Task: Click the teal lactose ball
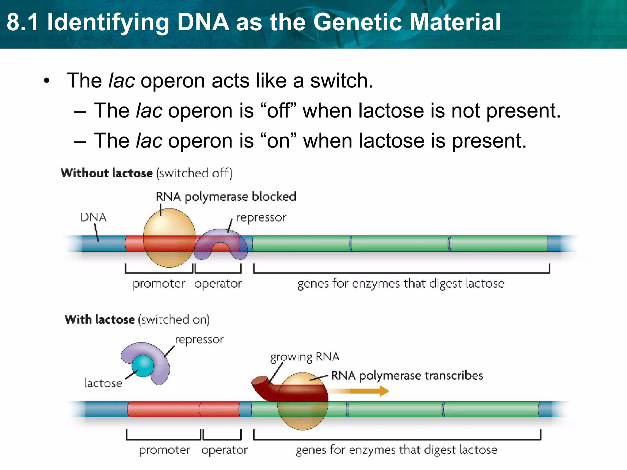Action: coord(143,365)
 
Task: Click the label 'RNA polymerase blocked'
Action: coord(226,197)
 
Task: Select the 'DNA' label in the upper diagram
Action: coord(93,217)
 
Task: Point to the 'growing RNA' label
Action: coord(304,357)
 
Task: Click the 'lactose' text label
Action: coord(103,383)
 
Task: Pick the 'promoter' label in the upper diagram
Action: coord(159,284)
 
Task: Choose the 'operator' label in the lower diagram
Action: coord(224,450)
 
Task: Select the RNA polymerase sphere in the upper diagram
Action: coord(169,226)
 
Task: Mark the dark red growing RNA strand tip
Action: coord(260,382)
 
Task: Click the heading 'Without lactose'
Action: coord(107,173)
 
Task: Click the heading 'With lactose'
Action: coord(99,319)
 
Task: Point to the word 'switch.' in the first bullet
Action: coord(342,81)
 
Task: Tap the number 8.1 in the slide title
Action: coord(23,22)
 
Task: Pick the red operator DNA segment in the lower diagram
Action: coord(220,409)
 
